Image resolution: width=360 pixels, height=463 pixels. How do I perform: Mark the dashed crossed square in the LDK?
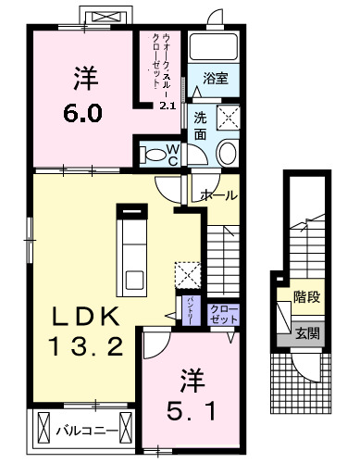188,274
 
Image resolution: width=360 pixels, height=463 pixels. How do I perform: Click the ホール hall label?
218,195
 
